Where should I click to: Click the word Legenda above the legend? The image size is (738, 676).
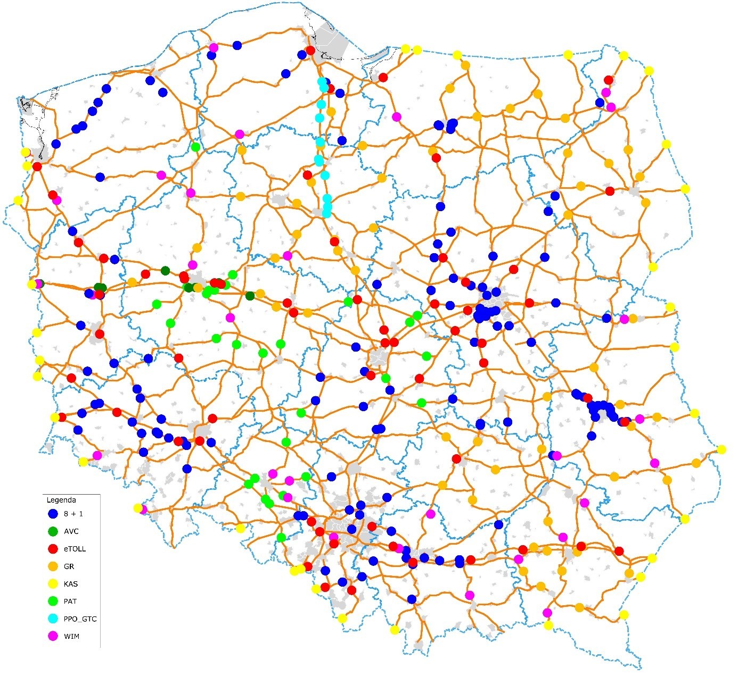61,500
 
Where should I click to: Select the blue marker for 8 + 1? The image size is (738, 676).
53,514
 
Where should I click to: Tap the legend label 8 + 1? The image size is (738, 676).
73,514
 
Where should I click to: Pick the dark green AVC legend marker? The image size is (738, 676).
53,531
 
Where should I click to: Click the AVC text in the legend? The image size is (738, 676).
71,531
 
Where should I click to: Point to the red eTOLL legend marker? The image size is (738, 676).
53,549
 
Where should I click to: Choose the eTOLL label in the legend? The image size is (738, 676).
75,549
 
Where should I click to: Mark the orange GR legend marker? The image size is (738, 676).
53,566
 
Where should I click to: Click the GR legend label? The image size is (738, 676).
69,566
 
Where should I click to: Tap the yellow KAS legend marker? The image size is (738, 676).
53,584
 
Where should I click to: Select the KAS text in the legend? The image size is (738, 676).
71,584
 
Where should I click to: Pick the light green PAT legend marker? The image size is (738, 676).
53,602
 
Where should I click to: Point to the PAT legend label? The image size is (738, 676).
70,602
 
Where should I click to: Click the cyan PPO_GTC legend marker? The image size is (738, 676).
53,619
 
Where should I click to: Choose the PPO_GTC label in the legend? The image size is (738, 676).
80,619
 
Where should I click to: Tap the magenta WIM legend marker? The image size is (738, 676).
53,637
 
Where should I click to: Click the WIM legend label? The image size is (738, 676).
71,637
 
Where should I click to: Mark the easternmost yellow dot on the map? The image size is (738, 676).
721,449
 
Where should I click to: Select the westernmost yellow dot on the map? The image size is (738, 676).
18,201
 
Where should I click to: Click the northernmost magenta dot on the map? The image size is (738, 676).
214,47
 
